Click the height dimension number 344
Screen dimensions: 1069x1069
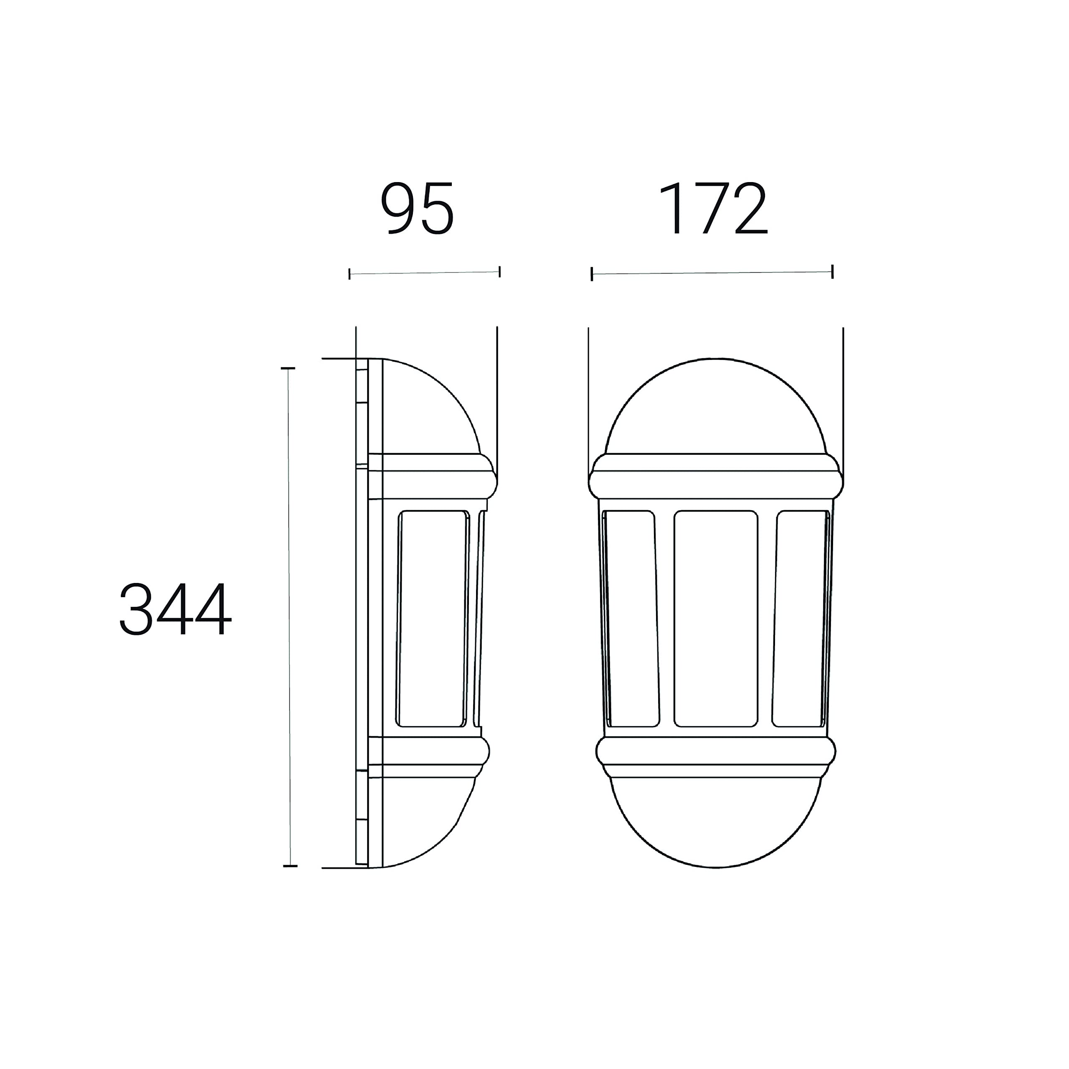pos(175,609)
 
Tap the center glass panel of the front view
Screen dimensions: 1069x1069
pos(715,618)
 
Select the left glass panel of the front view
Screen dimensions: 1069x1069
pos(631,618)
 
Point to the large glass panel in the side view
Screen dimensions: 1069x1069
pos(433,618)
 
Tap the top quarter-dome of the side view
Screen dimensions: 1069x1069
pos(426,407)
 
